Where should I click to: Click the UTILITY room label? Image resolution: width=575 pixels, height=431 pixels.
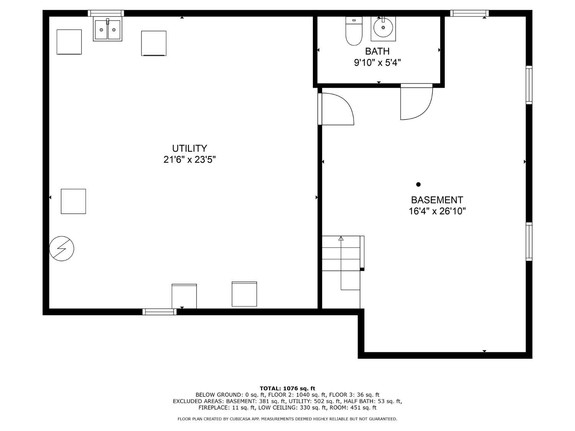[189, 148]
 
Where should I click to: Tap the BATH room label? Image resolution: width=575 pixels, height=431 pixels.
[377, 51]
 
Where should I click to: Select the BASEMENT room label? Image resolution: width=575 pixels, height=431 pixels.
[437, 200]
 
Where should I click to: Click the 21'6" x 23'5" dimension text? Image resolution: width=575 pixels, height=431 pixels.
[189, 159]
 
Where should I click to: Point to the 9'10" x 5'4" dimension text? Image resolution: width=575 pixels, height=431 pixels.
[377, 62]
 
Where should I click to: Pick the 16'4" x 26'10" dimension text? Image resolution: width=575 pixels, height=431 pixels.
[437, 211]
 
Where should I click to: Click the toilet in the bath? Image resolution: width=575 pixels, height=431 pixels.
[354, 31]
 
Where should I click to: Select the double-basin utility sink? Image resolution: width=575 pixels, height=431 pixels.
[107, 29]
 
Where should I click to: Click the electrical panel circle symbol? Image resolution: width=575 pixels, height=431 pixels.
[62, 248]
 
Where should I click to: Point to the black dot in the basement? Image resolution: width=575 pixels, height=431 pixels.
[418, 184]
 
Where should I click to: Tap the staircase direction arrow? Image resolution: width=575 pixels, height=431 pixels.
[341, 263]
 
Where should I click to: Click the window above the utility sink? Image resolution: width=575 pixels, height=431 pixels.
[106, 13]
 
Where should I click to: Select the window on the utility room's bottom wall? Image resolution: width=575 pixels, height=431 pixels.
[159, 312]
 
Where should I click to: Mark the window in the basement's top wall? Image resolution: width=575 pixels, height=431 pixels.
[469, 13]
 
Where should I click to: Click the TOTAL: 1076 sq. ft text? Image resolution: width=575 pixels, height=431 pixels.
[287, 388]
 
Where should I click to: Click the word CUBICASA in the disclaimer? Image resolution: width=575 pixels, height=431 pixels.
[240, 419]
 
